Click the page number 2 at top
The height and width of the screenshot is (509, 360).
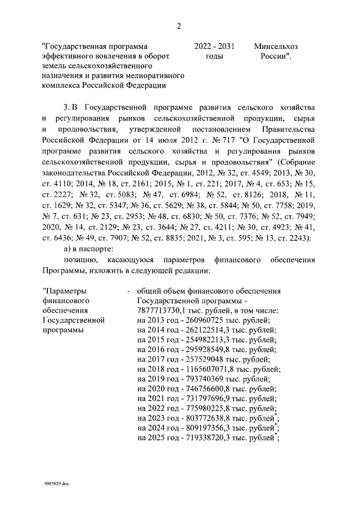click(x=179, y=26)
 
